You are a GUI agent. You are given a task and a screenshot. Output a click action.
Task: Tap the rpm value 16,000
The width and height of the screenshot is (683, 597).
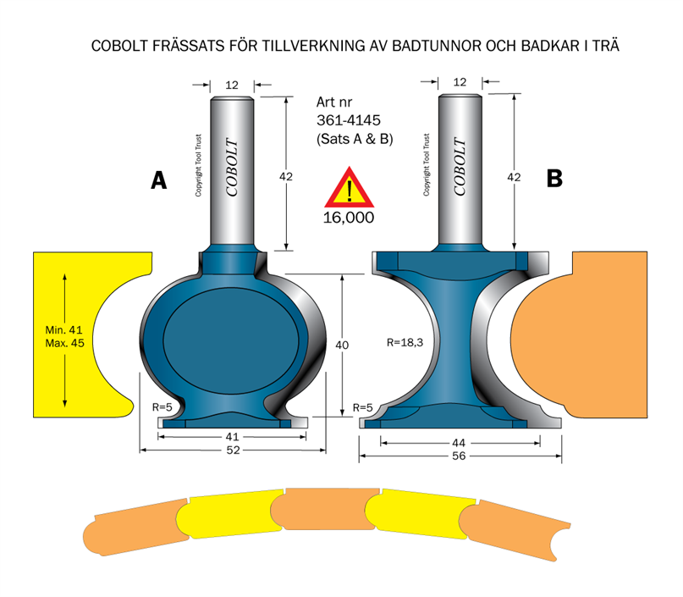coord(349,217)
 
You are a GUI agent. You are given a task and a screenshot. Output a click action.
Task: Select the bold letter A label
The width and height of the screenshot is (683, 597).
coord(157,180)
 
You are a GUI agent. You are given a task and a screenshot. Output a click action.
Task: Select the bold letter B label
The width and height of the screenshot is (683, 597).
coord(554,179)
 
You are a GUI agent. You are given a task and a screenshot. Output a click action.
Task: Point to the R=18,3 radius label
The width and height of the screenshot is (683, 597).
coord(405,344)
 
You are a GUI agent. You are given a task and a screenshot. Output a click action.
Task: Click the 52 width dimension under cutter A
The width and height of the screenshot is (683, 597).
coord(231,450)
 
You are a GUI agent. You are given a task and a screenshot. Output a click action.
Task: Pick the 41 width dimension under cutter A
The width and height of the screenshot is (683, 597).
coord(231,435)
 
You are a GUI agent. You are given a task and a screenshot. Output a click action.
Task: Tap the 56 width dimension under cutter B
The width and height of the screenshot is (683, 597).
coord(460,455)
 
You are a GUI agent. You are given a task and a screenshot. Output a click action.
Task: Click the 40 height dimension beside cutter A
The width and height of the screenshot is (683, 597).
coord(342,345)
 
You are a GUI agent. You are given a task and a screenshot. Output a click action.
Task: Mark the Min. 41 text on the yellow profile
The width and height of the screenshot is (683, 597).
coord(64,329)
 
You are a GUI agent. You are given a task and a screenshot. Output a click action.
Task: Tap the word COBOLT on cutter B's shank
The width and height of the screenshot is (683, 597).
coord(461,166)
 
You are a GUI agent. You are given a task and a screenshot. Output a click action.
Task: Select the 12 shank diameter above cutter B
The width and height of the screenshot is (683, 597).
coord(460,82)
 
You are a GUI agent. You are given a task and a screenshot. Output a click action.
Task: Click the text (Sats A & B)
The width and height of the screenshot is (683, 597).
coord(355,138)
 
